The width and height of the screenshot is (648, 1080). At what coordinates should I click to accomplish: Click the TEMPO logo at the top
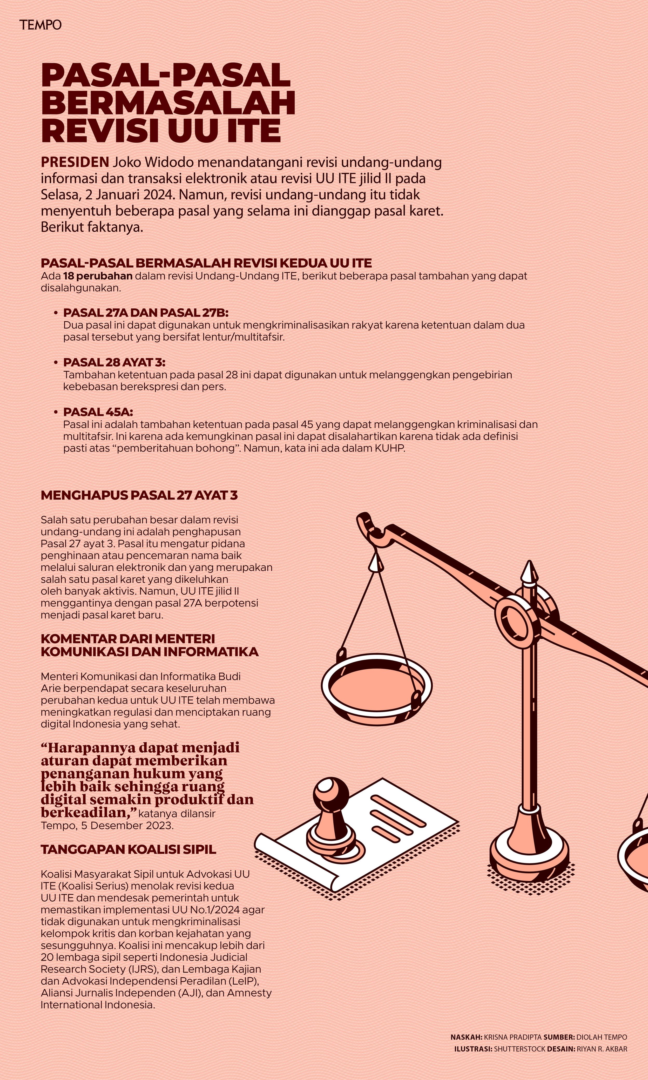coord(40,25)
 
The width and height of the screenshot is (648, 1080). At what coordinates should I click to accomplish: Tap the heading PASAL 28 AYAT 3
coord(114,362)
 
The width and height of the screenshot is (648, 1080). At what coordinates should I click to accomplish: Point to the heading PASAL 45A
coord(98,412)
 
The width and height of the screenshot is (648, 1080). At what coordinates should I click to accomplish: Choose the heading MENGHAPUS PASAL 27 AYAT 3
coord(139,495)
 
